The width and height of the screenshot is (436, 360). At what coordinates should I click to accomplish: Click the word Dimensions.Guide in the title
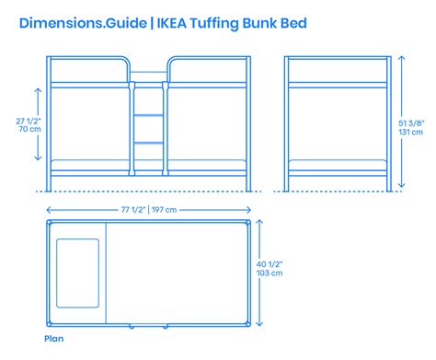[x=75, y=23]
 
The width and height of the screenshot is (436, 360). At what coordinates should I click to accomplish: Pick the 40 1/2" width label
[x=271, y=264]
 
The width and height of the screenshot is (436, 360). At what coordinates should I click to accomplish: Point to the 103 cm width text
[x=271, y=274]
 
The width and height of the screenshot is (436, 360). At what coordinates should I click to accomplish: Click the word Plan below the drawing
[x=52, y=338]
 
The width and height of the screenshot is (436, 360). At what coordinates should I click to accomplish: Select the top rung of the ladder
[x=149, y=89]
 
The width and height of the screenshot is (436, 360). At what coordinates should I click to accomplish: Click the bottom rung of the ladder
[x=149, y=145]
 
